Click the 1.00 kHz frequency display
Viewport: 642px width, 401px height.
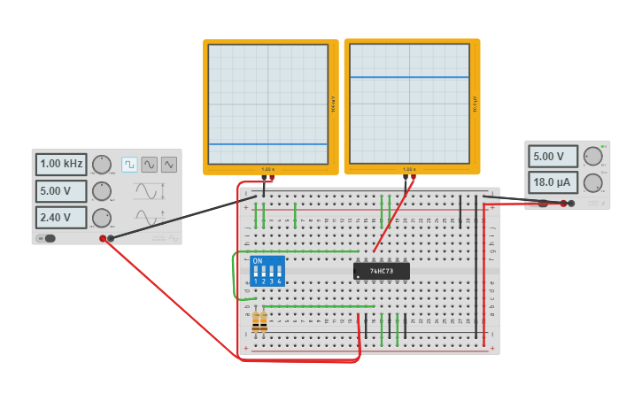pyautogui.click(x=61, y=164)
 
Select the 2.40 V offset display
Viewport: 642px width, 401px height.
pyautogui.click(x=61, y=217)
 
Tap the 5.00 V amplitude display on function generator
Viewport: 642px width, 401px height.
pyautogui.click(x=61, y=190)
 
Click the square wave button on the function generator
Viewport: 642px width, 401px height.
pyautogui.click(x=129, y=164)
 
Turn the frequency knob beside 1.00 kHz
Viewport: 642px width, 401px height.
pyautogui.click(x=102, y=164)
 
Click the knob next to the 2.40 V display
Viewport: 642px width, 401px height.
pyautogui.click(x=102, y=218)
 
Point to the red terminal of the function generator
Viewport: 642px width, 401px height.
pyautogui.click(x=103, y=238)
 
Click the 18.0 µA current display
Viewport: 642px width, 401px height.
pyautogui.click(x=553, y=182)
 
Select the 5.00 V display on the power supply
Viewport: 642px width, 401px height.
pyautogui.click(x=553, y=157)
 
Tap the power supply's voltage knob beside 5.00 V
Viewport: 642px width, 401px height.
pyautogui.click(x=592, y=157)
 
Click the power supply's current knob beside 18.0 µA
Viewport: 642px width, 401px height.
pyautogui.click(x=592, y=183)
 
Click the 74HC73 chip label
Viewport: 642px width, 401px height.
pyautogui.click(x=382, y=270)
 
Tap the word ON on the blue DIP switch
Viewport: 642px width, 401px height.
pyautogui.click(x=258, y=261)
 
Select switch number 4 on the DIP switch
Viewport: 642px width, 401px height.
pyautogui.click(x=279, y=274)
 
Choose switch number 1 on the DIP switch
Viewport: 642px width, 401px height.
pyautogui.click(x=256, y=274)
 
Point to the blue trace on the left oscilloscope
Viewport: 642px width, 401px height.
pyautogui.click(x=267, y=144)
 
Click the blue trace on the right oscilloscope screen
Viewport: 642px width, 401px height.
pyautogui.click(x=408, y=77)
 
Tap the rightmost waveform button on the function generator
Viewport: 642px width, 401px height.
pyautogui.click(x=168, y=164)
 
